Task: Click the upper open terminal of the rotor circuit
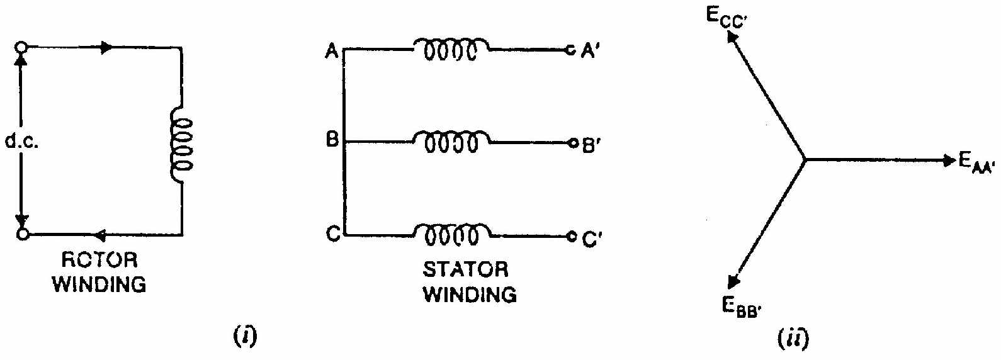22,47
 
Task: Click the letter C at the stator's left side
332,234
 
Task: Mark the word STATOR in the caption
465,271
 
